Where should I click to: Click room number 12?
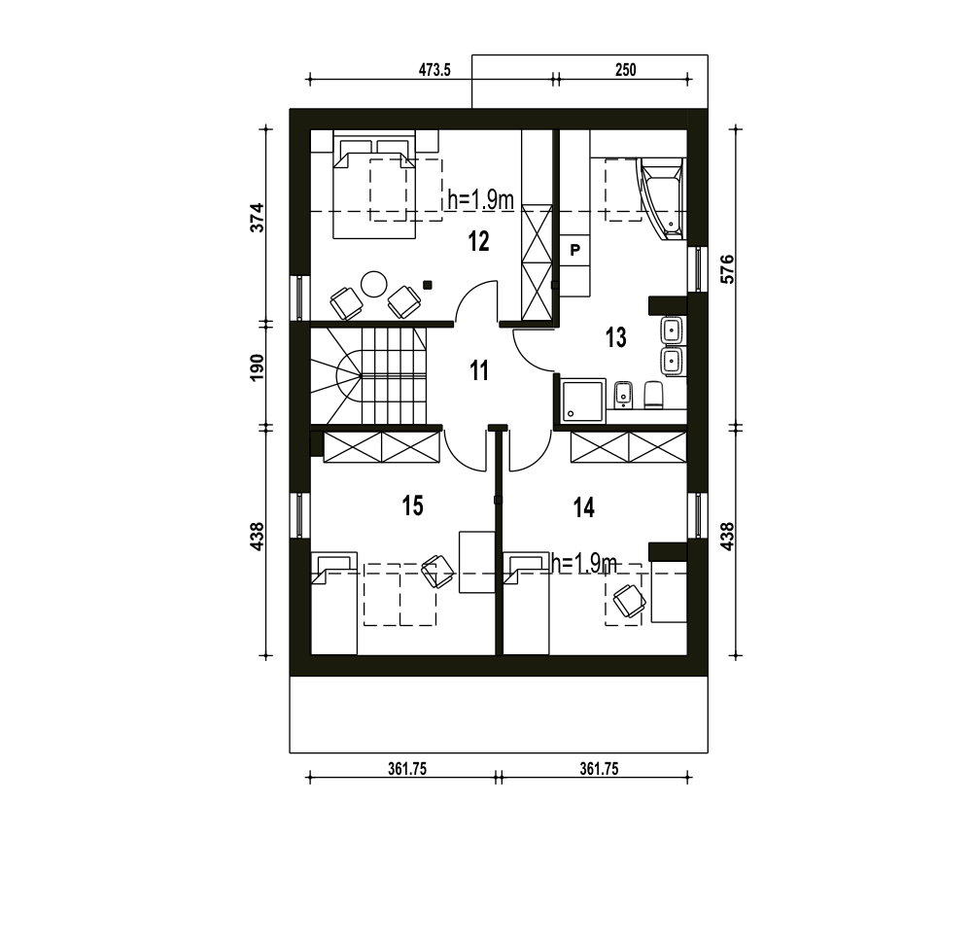pyautogui.click(x=478, y=241)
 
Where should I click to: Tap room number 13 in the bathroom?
pyautogui.click(x=615, y=338)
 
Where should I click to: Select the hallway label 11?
pyautogui.click(x=479, y=370)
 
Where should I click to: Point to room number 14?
pyautogui.click(x=584, y=507)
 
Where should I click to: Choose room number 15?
pyautogui.click(x=413, y=506)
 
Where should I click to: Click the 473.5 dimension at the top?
pyautogui.click(x=434, y=70)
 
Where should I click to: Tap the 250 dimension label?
pyautogui.click(x=625, y=70)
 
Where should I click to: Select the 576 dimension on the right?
pyautogui.click(x=728, y=269)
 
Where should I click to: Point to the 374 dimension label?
pyautogui.click(x=258, y=218)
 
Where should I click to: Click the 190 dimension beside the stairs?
pyautogui.click(x=258, y=367)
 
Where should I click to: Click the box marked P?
pyautogui.click(x=575, y=251)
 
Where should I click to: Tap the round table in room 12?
pyautogui.click(x=374, y=285)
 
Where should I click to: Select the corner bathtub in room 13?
pyautogui.click(x=661, y=198)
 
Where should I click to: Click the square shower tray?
pyautogui.click(x=582, y=401)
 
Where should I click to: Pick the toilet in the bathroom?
pyautogui.click(x=654, y=395)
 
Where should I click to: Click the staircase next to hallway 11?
pyautogui.click(x=368, y=376)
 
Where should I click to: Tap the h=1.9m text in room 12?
pyautogui.click(x=480, y=199)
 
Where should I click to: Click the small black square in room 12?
pyautogui.click(x=427, y=285)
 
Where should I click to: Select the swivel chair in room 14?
pyautogui.click(x=629, y=601)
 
